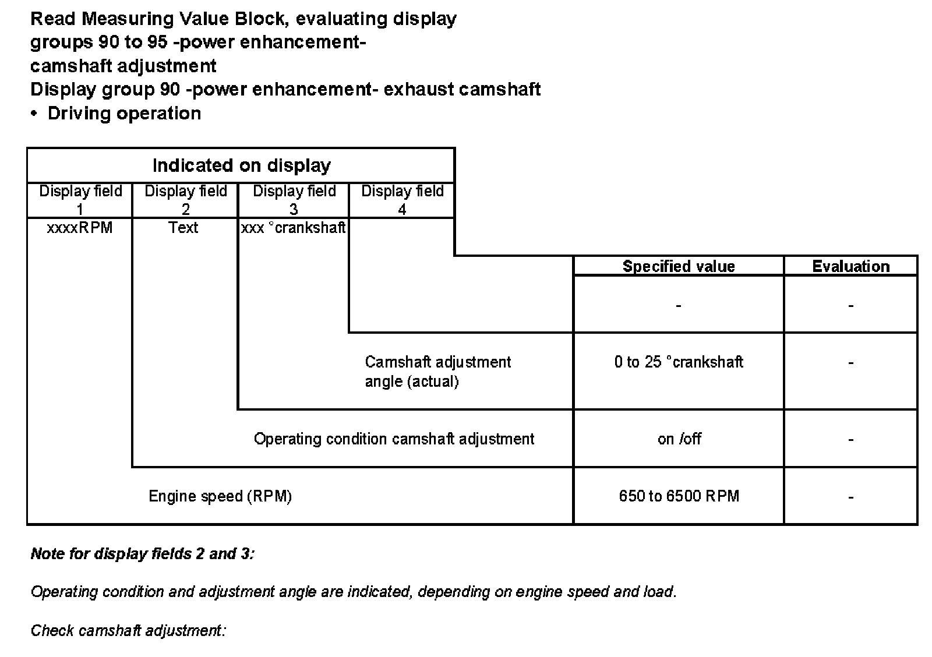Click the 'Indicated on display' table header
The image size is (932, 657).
point(241,166)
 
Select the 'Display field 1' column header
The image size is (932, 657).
point(80,200)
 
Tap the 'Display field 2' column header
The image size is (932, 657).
point(186,200)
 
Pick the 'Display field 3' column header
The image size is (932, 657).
point(294,200)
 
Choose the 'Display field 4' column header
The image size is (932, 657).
point(403,200)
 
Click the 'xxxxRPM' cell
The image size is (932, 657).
point(80,228)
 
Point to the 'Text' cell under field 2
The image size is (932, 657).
point(183,228)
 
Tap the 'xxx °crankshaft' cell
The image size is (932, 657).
point(294,228)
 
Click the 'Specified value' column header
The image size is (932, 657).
point(679,267)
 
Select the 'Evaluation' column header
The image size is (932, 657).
point(851,267)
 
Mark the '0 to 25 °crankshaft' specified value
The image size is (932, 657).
point(679,362)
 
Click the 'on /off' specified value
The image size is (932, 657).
point(679,439)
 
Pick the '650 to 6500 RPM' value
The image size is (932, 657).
point(679,496)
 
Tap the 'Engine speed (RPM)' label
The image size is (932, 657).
point(220,496)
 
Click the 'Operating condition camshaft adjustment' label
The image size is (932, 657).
point(394,439)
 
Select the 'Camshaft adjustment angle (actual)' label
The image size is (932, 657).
point(437,372)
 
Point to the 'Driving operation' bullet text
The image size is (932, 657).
point(124,113)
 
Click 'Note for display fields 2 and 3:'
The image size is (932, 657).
point(143,553)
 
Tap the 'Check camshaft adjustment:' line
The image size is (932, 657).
point(128,631)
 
